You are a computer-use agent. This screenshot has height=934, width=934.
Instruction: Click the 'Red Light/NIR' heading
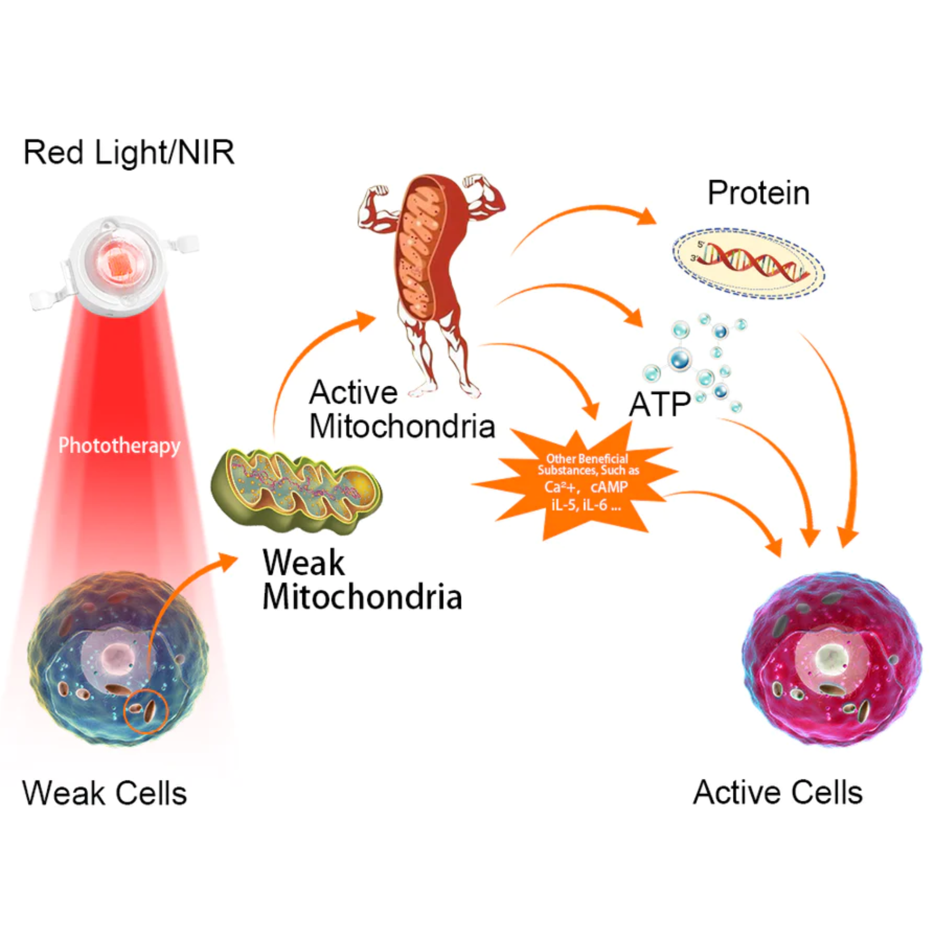coord(129,153)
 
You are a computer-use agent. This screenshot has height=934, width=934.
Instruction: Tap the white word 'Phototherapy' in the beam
coord(119,445)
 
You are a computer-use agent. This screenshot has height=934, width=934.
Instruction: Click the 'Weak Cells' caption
coord(104,794)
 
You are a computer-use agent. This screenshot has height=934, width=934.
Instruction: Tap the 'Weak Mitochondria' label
coord(362,580)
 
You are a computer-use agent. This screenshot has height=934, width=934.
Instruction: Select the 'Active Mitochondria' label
coord(401,409)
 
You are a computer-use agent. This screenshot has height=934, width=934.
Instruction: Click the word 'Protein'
coord(758,193)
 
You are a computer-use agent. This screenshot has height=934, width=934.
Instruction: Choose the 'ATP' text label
coord(659,404)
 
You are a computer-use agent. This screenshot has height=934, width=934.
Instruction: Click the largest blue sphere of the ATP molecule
coord(680,360)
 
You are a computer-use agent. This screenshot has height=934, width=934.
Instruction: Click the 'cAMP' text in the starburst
coord(609,487)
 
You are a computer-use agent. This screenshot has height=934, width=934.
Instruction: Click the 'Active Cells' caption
coord(778,793)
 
